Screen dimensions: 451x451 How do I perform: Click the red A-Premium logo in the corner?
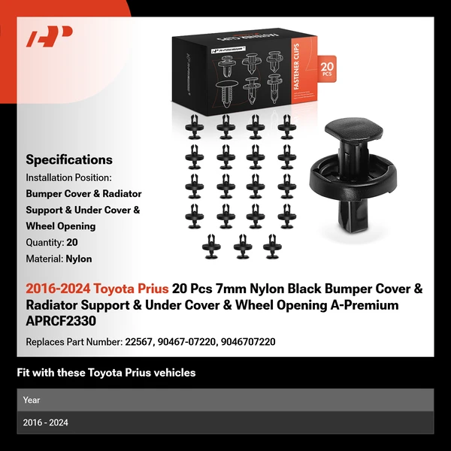tap(50, 37)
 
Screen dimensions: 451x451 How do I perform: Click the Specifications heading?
tap(69, 159)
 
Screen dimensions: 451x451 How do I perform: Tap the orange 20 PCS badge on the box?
tap(326, 70)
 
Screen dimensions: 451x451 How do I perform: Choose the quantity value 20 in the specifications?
tap(72, 243)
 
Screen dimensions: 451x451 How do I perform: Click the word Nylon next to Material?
tap(78, 259)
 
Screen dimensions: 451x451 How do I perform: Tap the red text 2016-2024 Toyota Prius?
tap(97, 289)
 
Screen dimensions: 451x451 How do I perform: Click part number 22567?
tap(140, 341)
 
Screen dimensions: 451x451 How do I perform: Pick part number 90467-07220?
tap(187, 341)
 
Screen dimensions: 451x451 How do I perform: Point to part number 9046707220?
tap(247, 341)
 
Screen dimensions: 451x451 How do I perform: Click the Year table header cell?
tap(32, 400)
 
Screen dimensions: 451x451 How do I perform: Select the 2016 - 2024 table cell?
tap(46, 422)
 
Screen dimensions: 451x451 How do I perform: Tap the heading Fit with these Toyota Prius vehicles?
tap(106, 373)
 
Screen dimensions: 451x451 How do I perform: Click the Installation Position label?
tap(68, 177)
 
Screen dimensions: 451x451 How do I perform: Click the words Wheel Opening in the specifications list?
tap(61, 226)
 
